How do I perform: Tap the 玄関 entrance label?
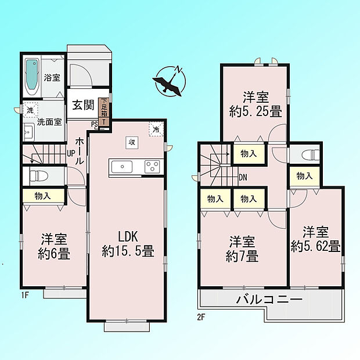pyautogui.click(x=83, y=105)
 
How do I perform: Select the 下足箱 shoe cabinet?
pyautogui.click(x=104, y=107)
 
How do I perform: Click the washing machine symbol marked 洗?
pyautogui.click(x=30, y=110)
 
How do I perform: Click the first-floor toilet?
pyautogui.click(x=38, y=176)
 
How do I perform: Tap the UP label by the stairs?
pyautogui.click(x=71, y=153)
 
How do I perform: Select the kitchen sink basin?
pyautogui.click(x=122, y=167)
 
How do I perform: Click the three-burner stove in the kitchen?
pyautogui.click(x=152, y=167)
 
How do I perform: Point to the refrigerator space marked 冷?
pyautogui.click(x=156, y=129)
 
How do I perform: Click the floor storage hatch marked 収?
pyautogui.click(x=132, y=142)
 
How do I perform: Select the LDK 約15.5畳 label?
pyautogui.click(x=128, y=244)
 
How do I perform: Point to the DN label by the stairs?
pyautogui.click(x=243, y=177)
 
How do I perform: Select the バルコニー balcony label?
pyautogui.click(x=269, y=300)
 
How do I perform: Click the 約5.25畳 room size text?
pyautogui.click(x=255, y=112)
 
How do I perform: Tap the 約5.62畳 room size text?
pyautogui.click(x=315, y=247)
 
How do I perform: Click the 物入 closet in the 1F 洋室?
pyautogui.click(x=43, y=196)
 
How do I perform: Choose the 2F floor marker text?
pyautogui.click(x=201, y=317)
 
